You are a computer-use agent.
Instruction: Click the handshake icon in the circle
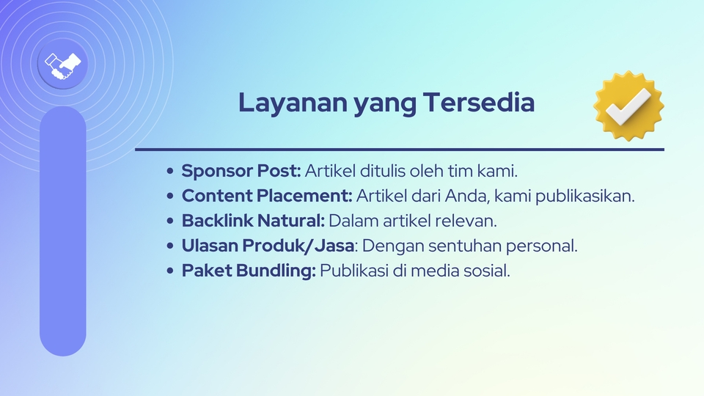[x=62, y=65]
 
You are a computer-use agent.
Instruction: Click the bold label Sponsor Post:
[x=241, y=172]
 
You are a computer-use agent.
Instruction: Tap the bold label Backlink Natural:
[x=253, y=221]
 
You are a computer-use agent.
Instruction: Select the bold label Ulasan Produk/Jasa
[x=268, y=246]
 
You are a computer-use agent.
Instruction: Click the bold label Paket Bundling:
[x=249, y=271]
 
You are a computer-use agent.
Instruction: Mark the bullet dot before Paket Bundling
[x=171, y=271]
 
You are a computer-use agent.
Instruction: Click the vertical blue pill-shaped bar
[x=62, y=231]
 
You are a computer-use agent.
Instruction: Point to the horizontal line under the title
[x=400, y=150]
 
